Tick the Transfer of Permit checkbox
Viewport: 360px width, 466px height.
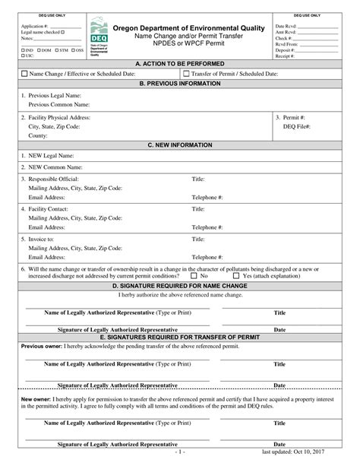click(x=186, y=74)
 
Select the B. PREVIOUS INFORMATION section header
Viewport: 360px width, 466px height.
click(x=179, y=84)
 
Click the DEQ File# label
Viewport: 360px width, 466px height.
click(x=297, y=127)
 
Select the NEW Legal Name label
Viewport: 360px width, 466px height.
click(x=51, y=155)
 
